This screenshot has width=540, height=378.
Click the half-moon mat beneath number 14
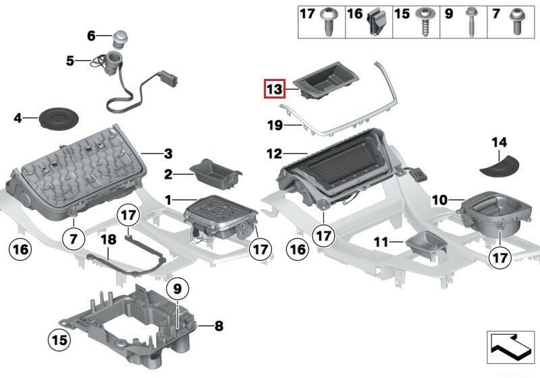[499, 165]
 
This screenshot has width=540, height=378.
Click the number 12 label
[274, 155]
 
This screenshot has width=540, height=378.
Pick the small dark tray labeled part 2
[215, 173]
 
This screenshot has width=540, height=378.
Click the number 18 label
[108, 240]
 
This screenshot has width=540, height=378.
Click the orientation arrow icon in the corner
[511, 349]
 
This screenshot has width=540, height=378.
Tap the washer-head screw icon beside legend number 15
[424, 23]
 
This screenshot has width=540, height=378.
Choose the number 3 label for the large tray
[168, 153]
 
